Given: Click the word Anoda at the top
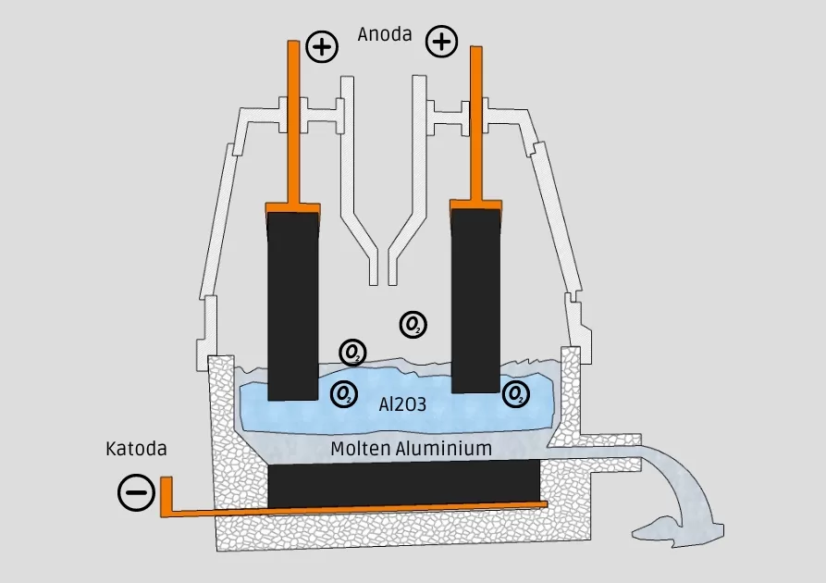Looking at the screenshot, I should coord(385,36).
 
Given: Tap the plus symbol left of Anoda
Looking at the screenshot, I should coord(322,46).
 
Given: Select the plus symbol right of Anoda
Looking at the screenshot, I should coord(441,42).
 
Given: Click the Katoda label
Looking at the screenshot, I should coord(136,450).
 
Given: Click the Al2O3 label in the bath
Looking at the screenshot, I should coord(403,404).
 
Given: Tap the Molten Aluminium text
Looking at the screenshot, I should coord(412,449).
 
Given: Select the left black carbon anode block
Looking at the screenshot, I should coord(294,305).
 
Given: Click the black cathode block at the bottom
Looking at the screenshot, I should coord(404,483).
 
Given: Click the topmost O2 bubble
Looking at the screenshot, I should coord(413,324).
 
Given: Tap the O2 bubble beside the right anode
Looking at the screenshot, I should coord(516,394).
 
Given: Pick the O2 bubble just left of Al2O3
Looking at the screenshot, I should coord(344,394).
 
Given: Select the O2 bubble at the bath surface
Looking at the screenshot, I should coord(352,352).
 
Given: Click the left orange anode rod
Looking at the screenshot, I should coord(295,120).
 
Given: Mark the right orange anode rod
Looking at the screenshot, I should coord(477,120).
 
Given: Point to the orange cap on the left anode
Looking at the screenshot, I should coord(294,207).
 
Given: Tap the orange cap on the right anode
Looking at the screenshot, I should coord(476,203).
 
